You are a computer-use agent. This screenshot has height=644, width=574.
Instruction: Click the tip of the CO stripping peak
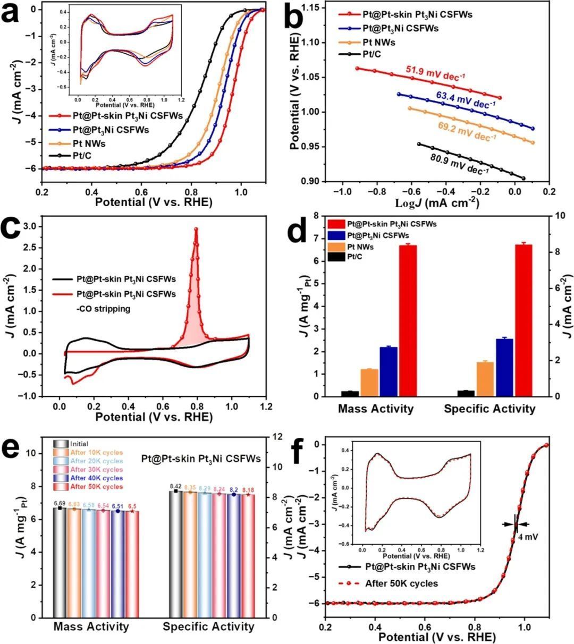click(x=196, y=229)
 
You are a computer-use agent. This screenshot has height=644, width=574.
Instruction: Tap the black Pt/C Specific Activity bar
click(x=466, y=393)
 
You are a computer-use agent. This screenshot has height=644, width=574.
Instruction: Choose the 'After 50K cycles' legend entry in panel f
click(x=401, y=583)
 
